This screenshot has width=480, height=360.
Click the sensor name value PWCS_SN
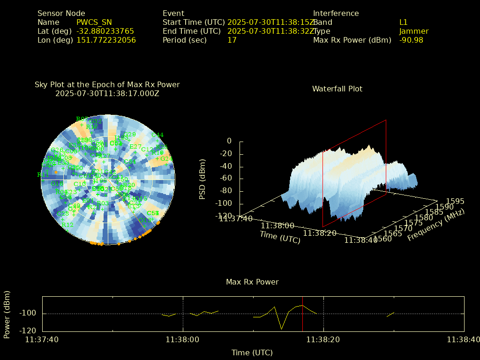94,22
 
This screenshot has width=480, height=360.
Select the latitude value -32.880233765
105,31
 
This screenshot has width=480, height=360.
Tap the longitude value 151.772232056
106,40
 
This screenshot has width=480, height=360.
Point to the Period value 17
232,40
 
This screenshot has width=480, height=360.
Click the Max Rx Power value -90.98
411,40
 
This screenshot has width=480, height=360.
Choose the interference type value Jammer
414,31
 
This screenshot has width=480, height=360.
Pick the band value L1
404,22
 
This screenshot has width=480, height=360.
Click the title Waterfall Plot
337,89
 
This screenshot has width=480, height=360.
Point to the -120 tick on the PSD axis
224,216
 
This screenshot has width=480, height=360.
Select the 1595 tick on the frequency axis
455,202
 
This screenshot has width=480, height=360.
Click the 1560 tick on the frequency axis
382,240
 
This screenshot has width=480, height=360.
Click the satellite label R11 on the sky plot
43,175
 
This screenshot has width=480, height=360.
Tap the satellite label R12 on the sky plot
67,225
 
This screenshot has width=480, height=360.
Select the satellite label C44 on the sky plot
157,135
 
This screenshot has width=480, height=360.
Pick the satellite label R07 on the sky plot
82,119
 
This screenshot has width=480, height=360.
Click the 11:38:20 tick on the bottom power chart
323,339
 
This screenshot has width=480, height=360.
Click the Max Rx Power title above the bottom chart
252,282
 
